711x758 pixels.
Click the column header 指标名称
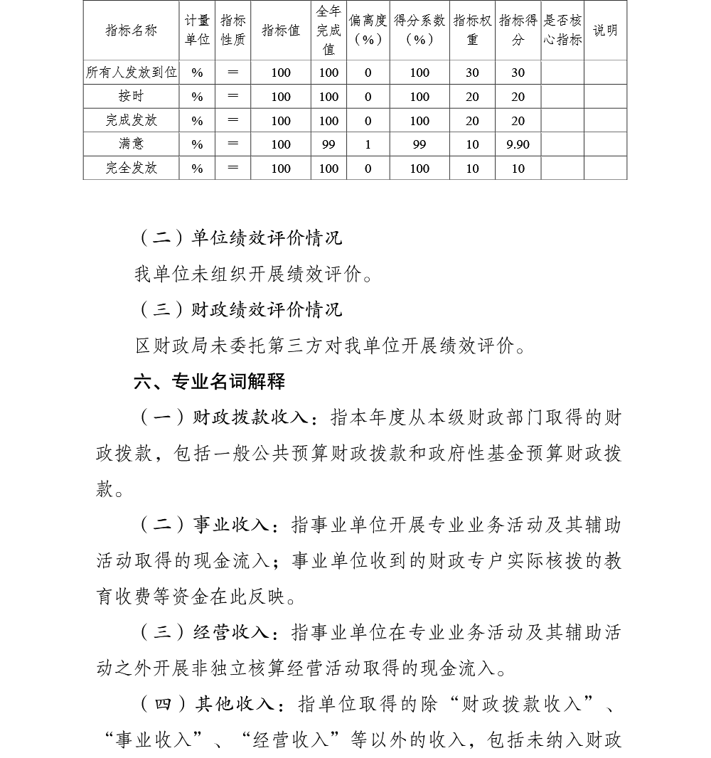click(131, 31)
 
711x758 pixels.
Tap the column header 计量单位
click(197, 31)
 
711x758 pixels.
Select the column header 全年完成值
click(328, 31)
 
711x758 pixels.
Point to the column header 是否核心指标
click(562, 31)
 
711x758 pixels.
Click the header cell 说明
click(605, 31)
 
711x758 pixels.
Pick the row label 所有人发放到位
click(131, 73)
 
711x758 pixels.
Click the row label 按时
click(131, 97)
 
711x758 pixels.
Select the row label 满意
click(131, 144)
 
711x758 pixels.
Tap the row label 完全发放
click(131, 169)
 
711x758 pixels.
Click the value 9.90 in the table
click(518, 145)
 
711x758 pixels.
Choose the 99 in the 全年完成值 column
click(328, 145)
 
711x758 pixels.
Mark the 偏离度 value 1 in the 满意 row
click(368, 145)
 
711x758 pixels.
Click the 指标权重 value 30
click(472, 73)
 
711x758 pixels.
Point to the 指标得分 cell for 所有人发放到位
click(518, 73)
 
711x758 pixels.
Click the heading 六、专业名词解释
click(210, 382)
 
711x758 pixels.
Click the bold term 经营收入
click(231, 633)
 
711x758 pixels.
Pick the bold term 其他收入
click(235, 704)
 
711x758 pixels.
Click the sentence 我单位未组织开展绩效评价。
click(254, 274)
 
